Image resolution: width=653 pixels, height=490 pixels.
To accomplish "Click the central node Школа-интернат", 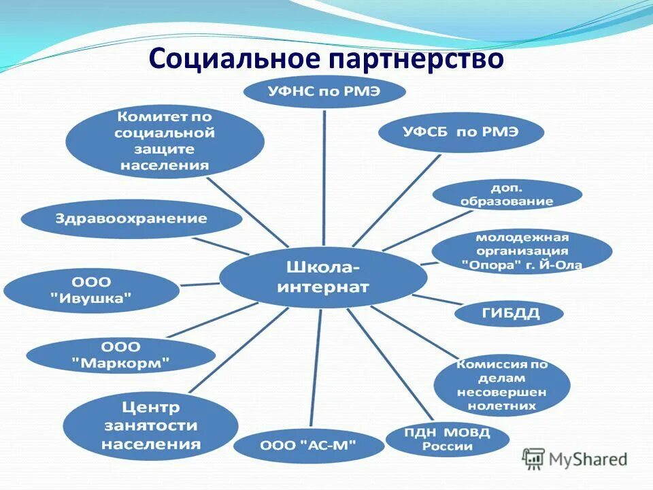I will pos(323,277).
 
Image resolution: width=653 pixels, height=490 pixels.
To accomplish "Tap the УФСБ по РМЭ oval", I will pos(461,132).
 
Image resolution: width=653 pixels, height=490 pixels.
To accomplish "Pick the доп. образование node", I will pos(507,195).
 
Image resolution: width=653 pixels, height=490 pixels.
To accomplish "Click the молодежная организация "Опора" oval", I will pos(522,252).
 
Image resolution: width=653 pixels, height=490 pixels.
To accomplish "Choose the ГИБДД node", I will pos(508,313).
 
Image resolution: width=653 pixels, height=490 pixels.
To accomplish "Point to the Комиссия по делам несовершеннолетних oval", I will pos(501,385).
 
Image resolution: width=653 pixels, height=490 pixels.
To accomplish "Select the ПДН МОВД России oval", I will pos(447,439).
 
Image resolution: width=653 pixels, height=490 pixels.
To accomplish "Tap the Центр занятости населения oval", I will pos(150,426).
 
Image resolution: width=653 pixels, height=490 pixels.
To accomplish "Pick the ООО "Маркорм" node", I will pos(120,355).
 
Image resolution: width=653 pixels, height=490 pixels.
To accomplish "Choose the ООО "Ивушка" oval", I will pos(91,290).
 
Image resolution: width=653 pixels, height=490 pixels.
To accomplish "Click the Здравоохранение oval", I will pos(131,219).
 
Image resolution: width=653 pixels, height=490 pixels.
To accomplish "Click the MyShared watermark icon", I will pos(533,459).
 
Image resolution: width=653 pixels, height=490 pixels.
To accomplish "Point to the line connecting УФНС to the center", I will pos(324,177).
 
